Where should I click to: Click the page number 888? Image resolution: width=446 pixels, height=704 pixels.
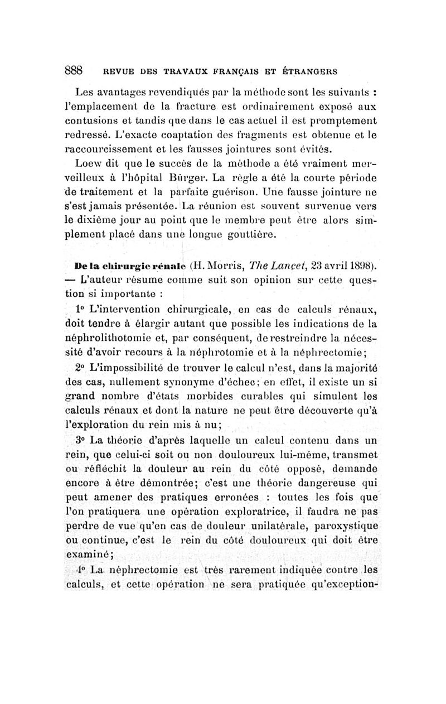pyautogui.click(x=74, y=70)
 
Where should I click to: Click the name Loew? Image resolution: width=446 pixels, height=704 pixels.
pyautogui.click(x=85, y=164)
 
